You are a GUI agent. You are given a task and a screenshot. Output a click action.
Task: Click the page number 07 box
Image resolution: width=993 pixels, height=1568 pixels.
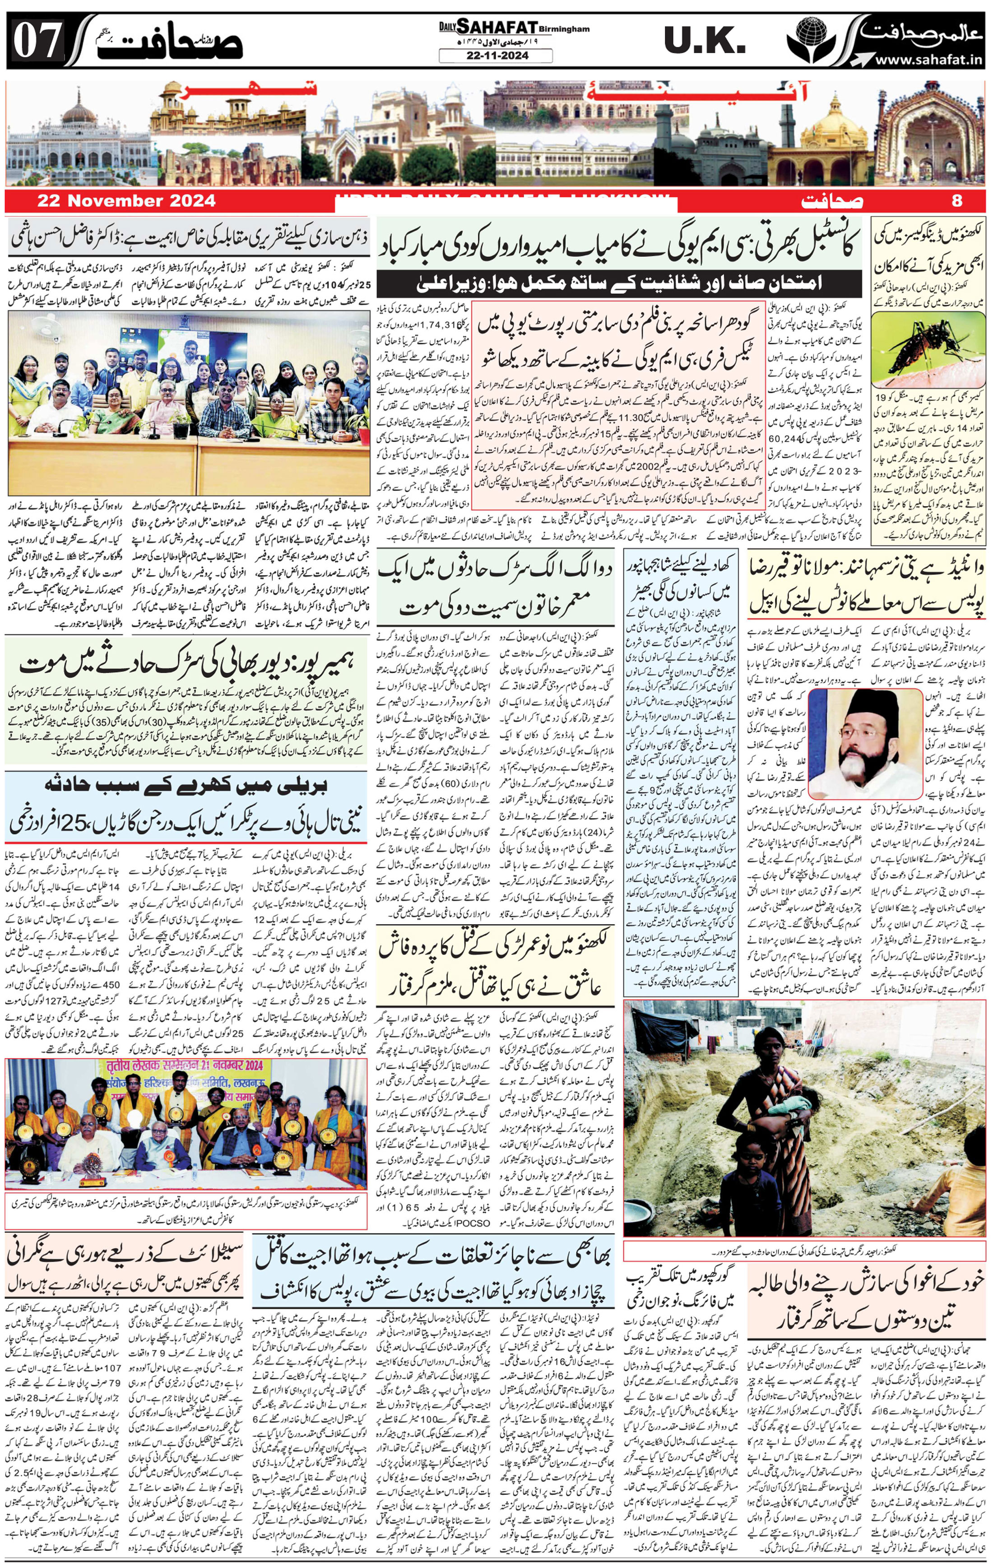click(37, 42)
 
